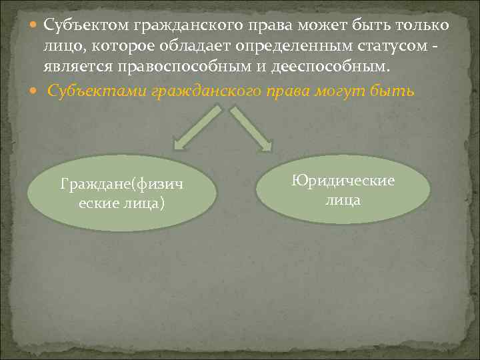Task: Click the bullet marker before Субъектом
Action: point(35,25)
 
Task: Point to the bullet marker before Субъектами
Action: point(35,91)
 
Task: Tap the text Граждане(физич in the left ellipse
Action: point(121,183)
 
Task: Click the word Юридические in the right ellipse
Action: point(343,181)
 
